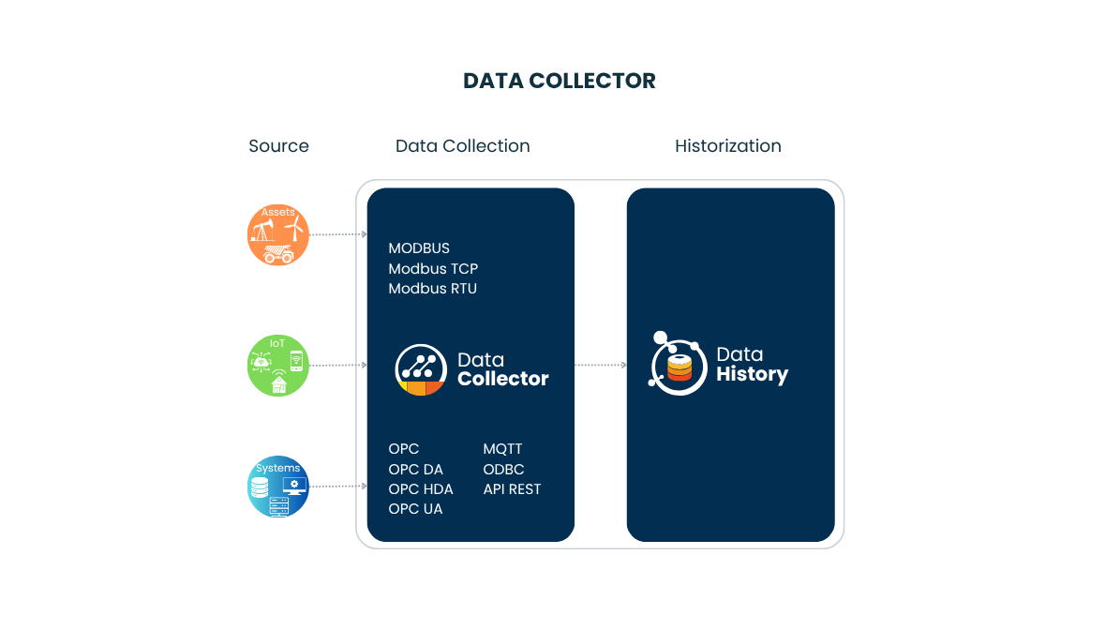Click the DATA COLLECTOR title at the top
560,81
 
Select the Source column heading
278,146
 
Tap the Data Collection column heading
462,146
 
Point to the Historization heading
727,146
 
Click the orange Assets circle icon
278,234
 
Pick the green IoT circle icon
278,365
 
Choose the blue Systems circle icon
278,487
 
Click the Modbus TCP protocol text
433,269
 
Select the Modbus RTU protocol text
432,289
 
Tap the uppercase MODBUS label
419,248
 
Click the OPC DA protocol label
415,470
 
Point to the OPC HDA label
421,489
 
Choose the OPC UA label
415,509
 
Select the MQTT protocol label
502,450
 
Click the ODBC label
503,470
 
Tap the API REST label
512,489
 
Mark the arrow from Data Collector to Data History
601,365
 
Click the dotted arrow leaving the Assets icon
337,234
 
